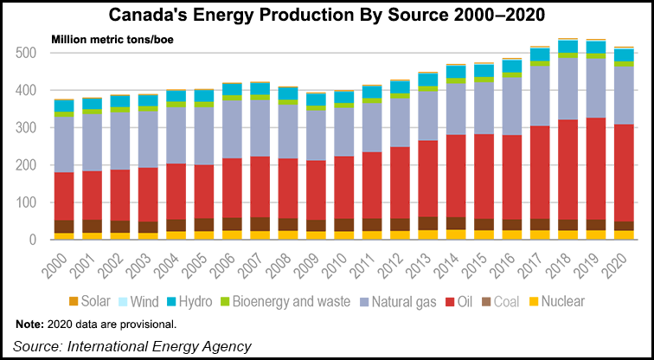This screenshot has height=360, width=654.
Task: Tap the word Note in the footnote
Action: tap(31, 325)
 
